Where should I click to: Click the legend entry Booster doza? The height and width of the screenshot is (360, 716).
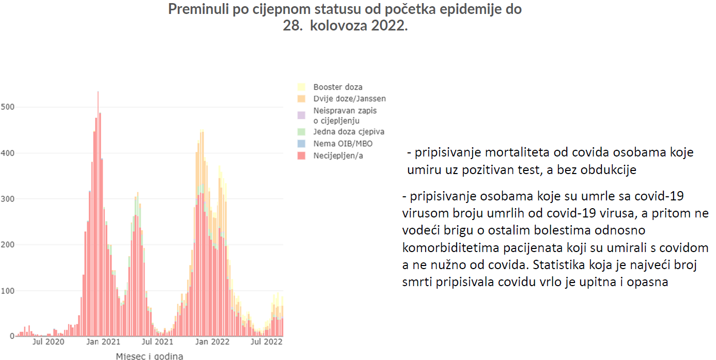tap(337, 87)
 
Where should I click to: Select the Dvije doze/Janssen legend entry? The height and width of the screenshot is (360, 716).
tap(349, 99)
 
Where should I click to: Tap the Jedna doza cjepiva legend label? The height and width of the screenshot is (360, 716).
tap(349, 132)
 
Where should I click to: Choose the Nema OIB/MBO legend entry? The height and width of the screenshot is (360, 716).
tap(343, 143)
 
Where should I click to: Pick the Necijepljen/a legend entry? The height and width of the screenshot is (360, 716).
tap(338, 155)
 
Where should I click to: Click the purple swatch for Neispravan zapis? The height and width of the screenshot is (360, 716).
tap(302, 111)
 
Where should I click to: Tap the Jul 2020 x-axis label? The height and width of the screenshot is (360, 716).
tap(48, 342)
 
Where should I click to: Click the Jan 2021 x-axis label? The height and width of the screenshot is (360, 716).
tap(103, 342)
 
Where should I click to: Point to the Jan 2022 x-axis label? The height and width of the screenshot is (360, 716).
tap(213, 342)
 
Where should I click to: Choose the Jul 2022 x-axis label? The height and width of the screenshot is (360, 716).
tap(267, 342)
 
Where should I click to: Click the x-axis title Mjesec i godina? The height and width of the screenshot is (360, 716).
tap(149, 356)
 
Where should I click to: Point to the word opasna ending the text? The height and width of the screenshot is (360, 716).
tap(652, 282)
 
